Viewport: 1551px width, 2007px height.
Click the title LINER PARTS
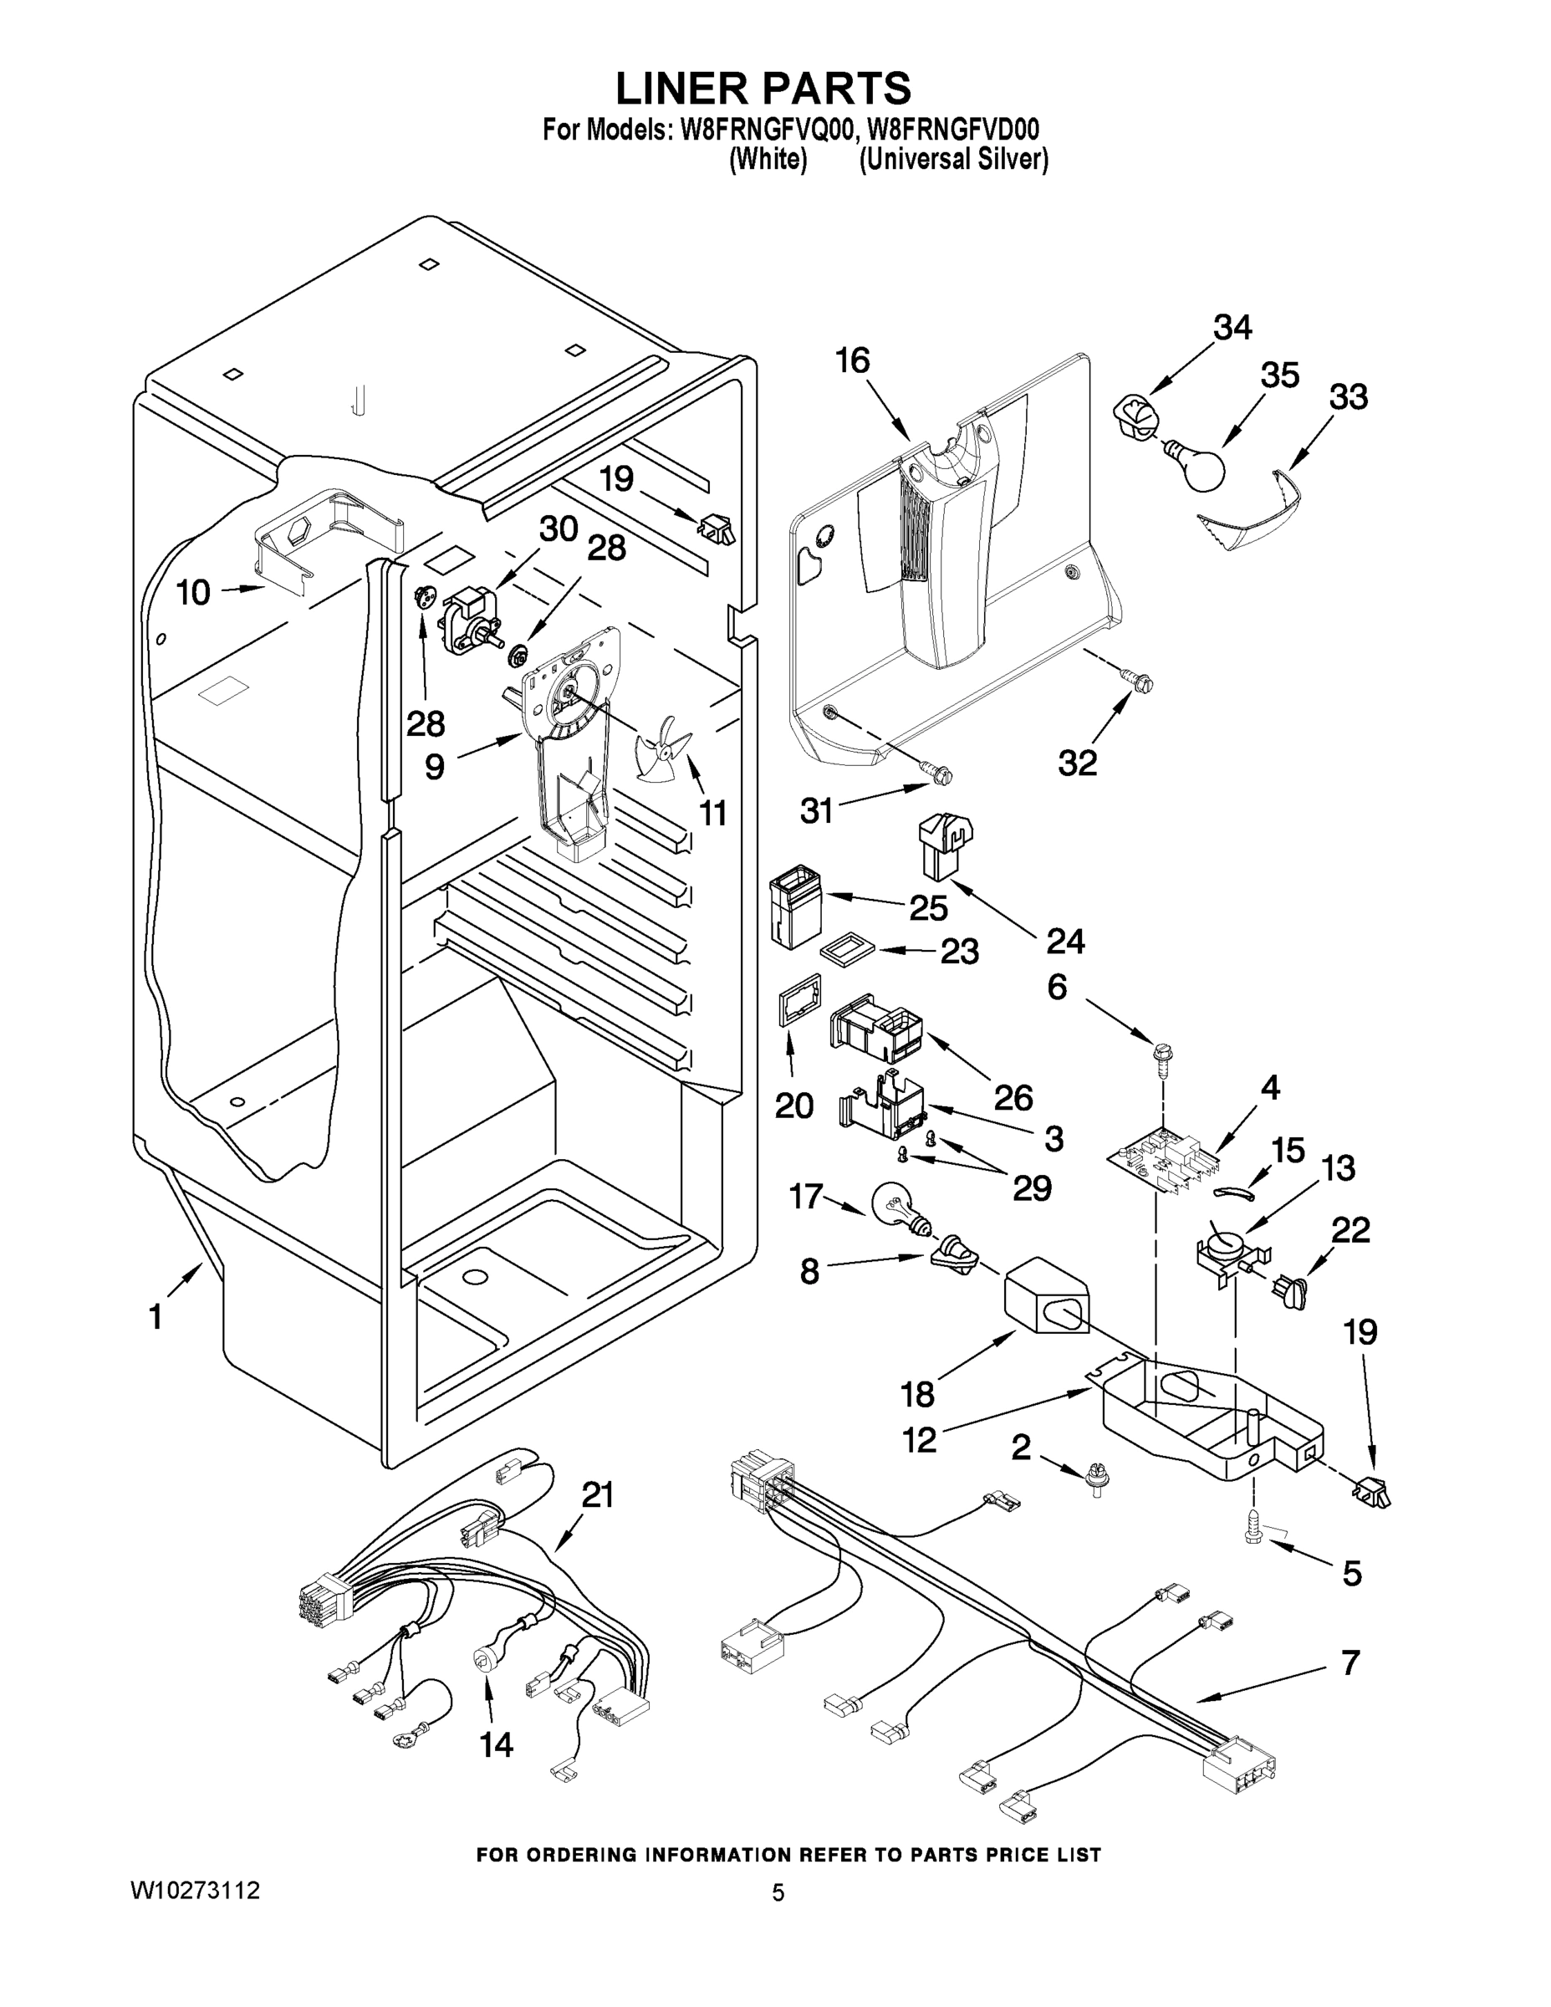tap(763, 88)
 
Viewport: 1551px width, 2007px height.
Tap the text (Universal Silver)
tap(954, 160)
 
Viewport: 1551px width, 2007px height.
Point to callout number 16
tap(852, 361)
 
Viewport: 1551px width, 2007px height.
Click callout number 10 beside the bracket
tap(193, 593)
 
